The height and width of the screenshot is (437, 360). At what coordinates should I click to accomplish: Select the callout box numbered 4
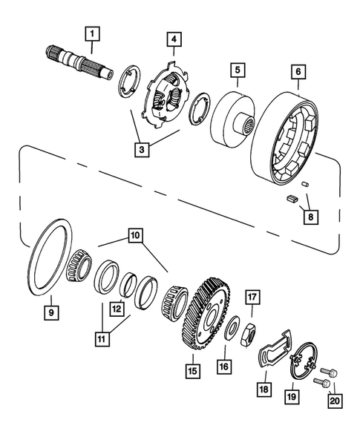pyautogui.click(x=171, y=39)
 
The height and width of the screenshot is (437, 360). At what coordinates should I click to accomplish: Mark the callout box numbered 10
pyautogui.click(x=134, y=237)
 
